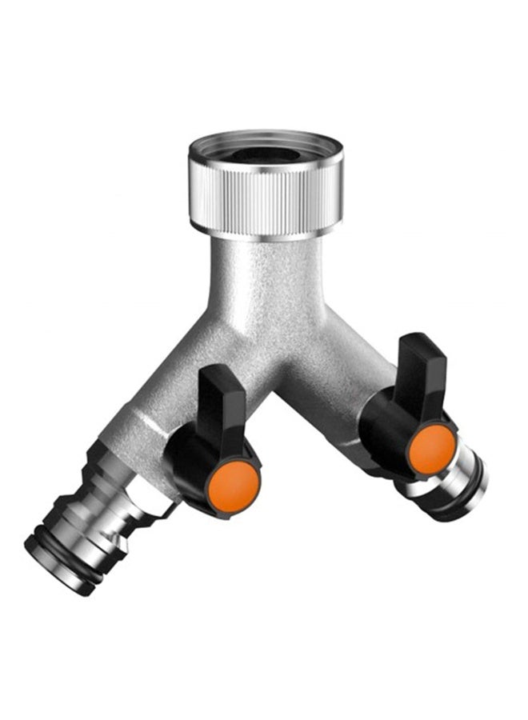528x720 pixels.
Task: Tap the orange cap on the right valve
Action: pos(432,448)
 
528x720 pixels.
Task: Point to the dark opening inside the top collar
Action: pos(265,154)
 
